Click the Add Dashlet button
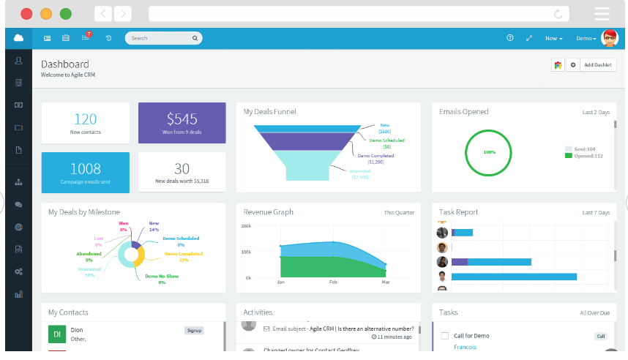coord(597,65)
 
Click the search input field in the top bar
coord(161,38)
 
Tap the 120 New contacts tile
coord(86,123)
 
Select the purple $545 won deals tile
coord(182,123)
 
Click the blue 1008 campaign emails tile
coord(86,173)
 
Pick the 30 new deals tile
coord(182,173)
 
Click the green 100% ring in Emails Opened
coord(490,152)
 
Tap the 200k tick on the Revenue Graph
coord(246,227)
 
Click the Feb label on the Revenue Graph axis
coord(333,282)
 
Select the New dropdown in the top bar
coord(553,38)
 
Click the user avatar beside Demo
coord(609,38)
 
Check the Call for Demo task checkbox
coord(444,337)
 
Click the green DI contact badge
coord(57,334)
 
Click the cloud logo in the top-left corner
coord(18,38)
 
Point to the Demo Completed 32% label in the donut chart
coord(183,257)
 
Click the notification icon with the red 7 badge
coord(86,38)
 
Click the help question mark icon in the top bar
coord(510,38)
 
